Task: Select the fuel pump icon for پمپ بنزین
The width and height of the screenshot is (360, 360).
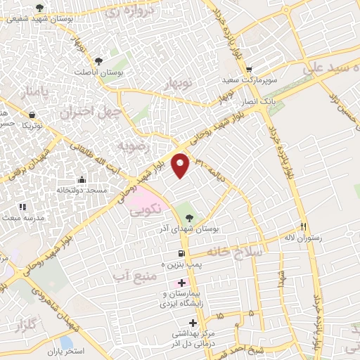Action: pos(181,253)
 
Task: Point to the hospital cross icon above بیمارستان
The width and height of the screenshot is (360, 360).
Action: pos(181,282)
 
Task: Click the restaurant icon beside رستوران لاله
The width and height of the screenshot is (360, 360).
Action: pos(304,226)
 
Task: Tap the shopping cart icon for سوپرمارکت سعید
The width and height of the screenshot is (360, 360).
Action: pos(250,70)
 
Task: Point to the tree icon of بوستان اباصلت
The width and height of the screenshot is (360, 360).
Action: pos(98,60)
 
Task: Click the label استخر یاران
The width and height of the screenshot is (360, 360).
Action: pos(66,350)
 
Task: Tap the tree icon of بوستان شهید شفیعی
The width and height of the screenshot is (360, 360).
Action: pos(39,8)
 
